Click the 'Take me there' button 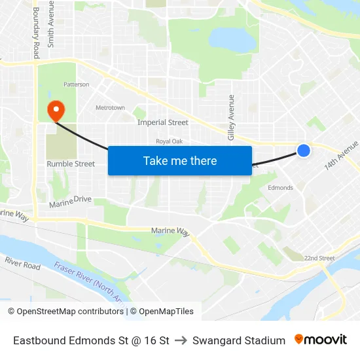coord(180,160)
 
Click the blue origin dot coord(304,151)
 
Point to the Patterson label coord(76,84)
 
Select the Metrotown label coord(110,107)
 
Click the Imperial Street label coord(163,122)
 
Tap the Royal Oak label coord(168,141)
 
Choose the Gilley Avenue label coord(231,117)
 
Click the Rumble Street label coord(71,164)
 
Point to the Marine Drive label coord(70,201)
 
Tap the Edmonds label coord(281,188)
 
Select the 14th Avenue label coord(342,156)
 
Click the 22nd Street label coord(319,258)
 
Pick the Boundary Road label coord(36,28)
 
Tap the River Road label coord(22,263)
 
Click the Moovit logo coord(321,340)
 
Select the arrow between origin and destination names coord(181,340)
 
